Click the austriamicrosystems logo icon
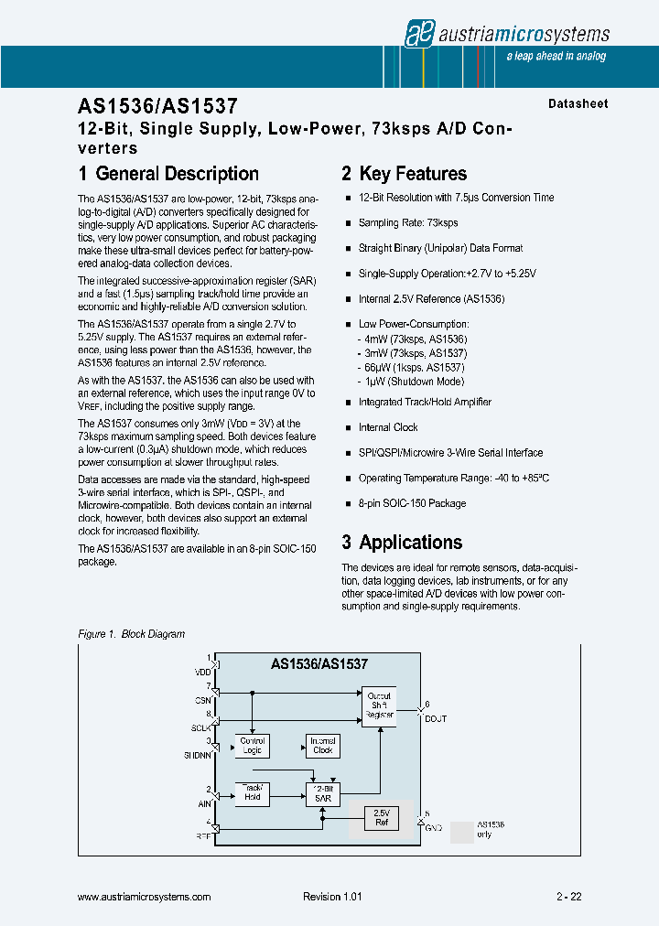(x=419, y=34)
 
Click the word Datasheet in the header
(x=578, y=104)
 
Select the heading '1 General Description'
(x=168, y=174)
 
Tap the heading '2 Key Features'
(x=404, y=174)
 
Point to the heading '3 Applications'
(x=402, y=543)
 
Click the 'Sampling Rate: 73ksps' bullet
(x=408, y=223)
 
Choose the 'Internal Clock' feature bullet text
(x=388, y=427)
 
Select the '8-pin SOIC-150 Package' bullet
(x=412, y=503)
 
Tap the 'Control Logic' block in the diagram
(x=253, y=746)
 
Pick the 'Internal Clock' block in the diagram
(x=322, y=746)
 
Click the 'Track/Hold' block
(x=253, y=792)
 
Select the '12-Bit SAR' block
(x=322, y=792)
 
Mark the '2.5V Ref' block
(x=382, y=817)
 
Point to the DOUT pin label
(x=435, y=719)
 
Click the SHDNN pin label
(x=198, y=755)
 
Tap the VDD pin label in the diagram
(x=202, y=673)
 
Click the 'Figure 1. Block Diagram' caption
(x=132, y=634)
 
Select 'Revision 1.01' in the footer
(x=332, y=898)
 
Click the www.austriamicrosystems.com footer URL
(x=145, y=898)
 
